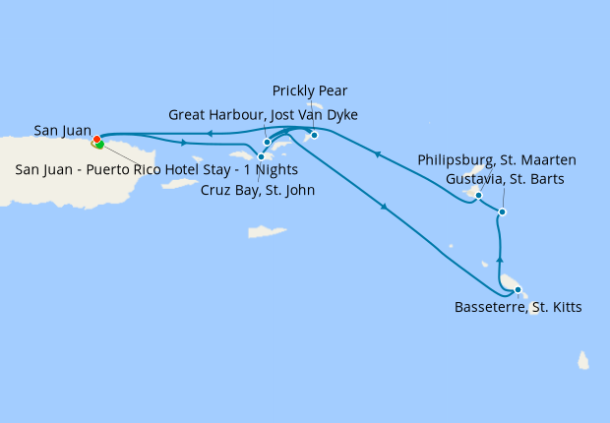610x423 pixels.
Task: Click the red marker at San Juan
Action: click(96, 140)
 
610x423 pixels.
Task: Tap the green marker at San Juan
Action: click(99, 146)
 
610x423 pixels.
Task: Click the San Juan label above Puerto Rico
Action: click(63, 130)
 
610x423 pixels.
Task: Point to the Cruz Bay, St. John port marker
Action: click(261, 156)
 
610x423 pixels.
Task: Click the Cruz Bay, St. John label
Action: click(257, 190)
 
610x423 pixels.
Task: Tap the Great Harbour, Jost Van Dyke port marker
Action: click(267, 142)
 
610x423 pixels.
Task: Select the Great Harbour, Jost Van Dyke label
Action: click(263, 115)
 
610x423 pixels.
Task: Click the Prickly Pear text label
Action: click(310, 91)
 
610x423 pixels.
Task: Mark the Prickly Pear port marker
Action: click(314, 135)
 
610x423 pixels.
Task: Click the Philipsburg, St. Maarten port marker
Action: click(478, 195)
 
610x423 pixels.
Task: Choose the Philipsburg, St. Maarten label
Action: click(496, 159)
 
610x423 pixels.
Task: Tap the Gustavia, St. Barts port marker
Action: click(503, 212)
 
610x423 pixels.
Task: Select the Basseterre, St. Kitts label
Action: click(518, 308)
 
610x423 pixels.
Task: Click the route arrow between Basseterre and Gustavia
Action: click(501, 259)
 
